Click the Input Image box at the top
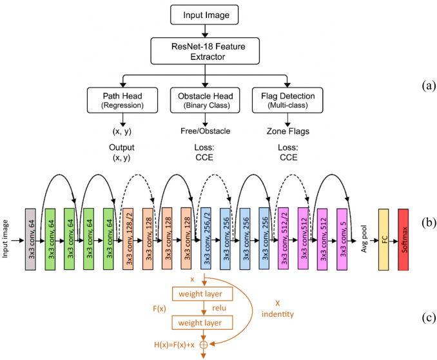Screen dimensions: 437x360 tap(204, 15)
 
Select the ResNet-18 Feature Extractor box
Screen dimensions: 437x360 tap(205, 52)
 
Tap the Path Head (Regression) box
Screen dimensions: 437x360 tap(122, 100)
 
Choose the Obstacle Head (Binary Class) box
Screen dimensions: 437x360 tap(205, 100)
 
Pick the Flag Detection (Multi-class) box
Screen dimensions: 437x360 tap(287, 100)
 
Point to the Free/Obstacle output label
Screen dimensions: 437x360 tap(206, 131)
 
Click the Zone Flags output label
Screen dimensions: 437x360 tap(288, 131)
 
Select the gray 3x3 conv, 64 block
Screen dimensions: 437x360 tap(30, 239)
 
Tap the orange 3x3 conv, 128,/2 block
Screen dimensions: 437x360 tap(128, 239)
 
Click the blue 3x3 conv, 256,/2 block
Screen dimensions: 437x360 tap(206, 238)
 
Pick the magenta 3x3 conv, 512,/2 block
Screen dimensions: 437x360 tap(284, 238)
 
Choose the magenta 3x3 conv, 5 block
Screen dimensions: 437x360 tap(342, 239)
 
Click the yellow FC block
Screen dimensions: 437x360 tap(384, 240)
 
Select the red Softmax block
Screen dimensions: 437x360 tap(403, 240)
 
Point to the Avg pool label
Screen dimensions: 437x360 tap(364, 239)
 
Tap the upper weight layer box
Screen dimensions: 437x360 tap(202, 294)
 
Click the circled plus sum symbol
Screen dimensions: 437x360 tap(204, 345)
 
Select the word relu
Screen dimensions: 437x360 tap(219, 308)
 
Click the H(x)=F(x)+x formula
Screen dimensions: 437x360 tap(174, 345)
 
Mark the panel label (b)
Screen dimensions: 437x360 tap(429, 222)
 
